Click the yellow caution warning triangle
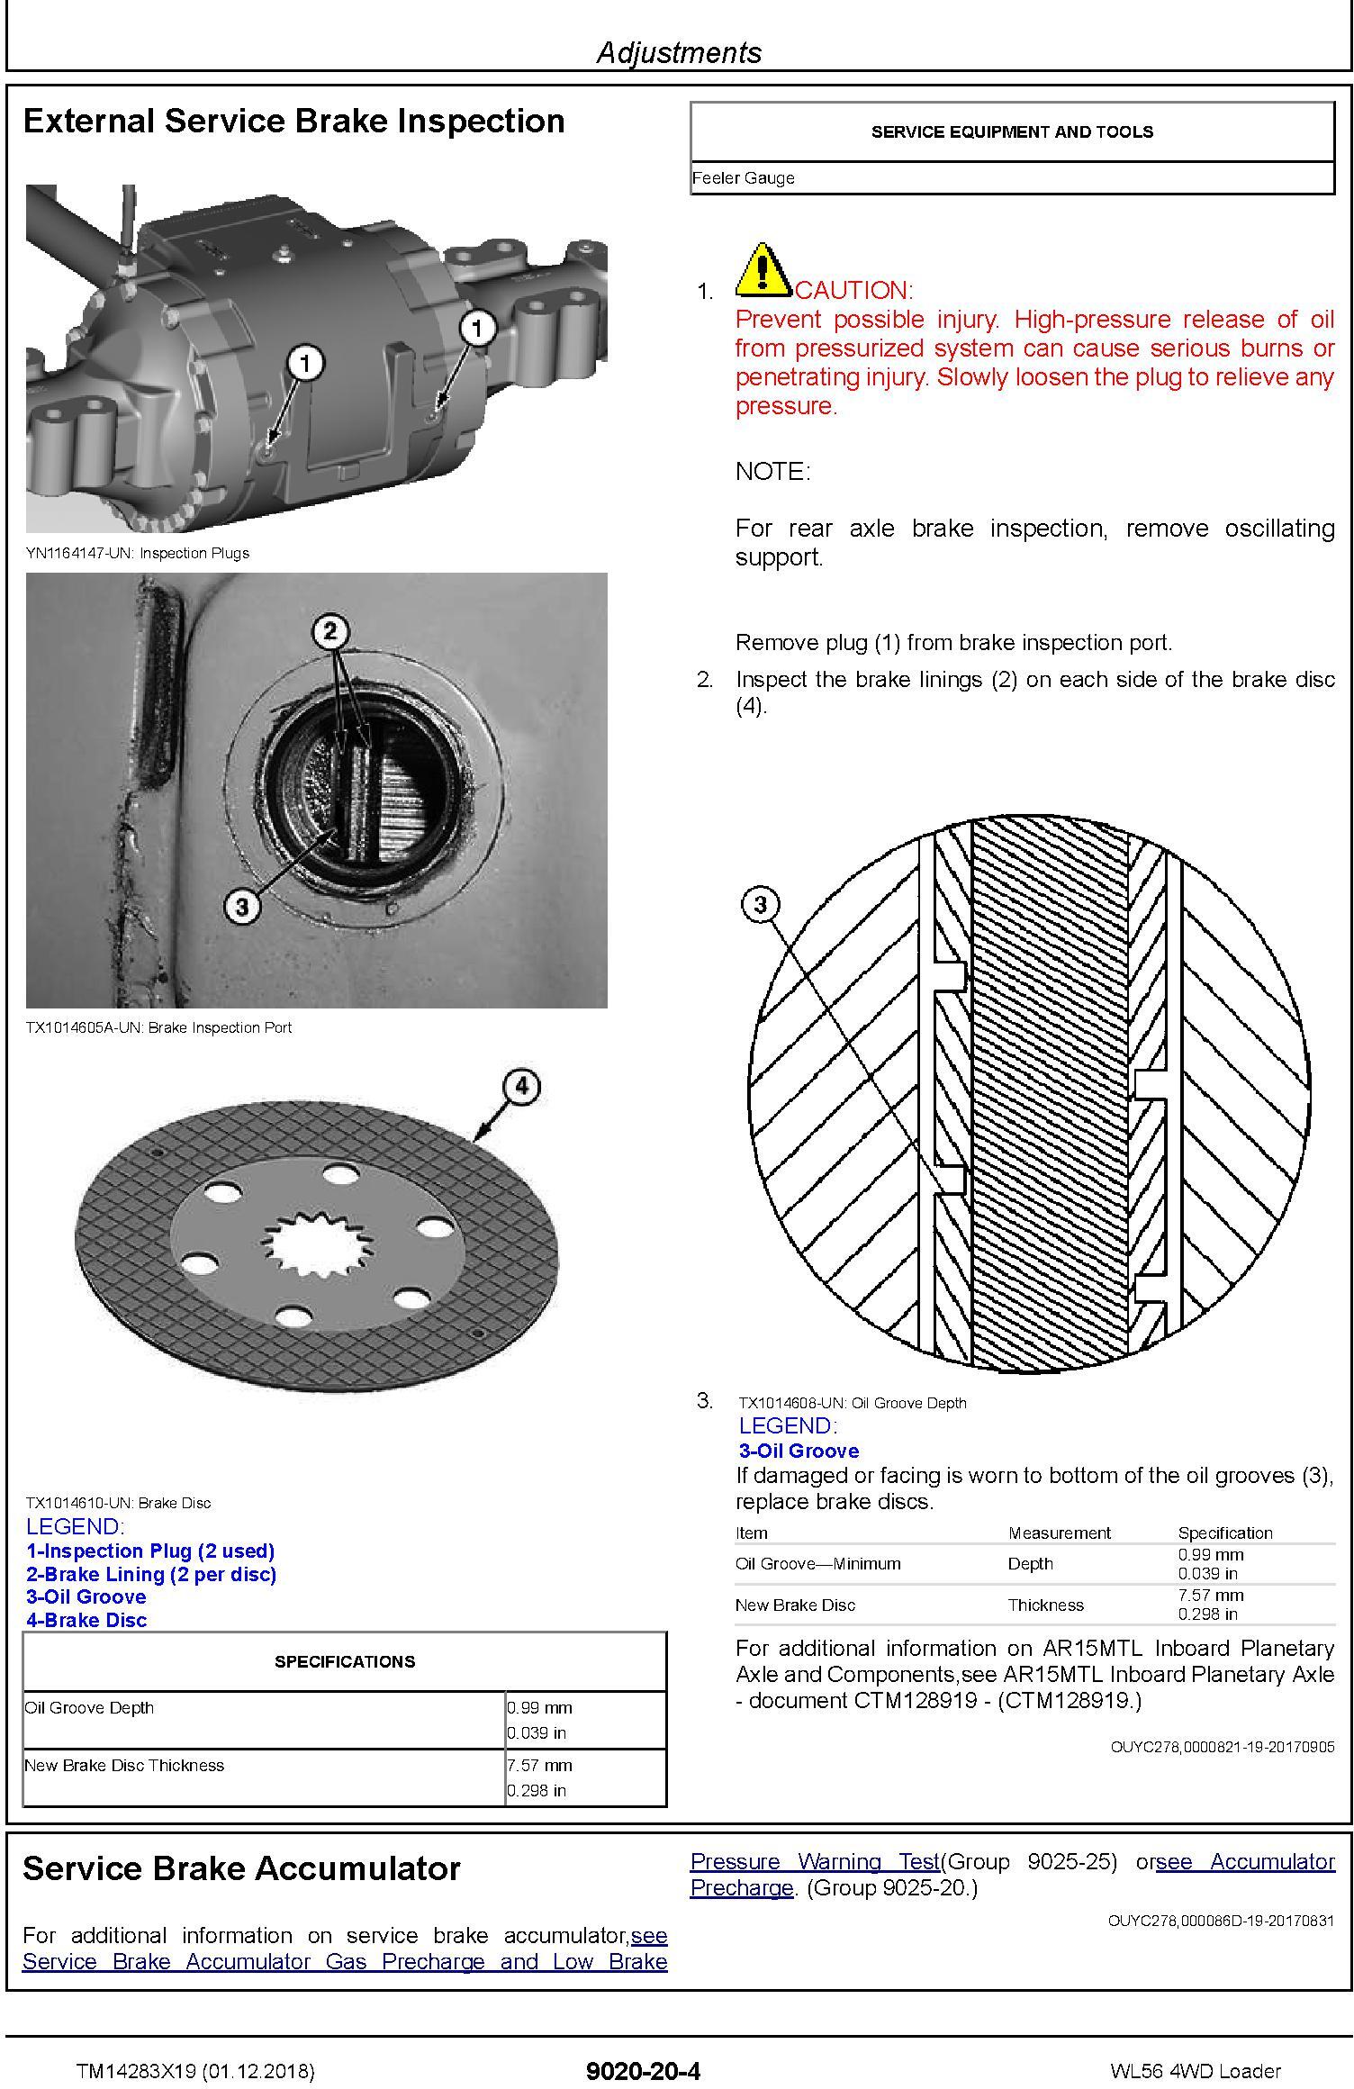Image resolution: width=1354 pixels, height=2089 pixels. [x=763, y=271]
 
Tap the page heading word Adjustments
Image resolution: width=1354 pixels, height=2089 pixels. [x=679, y=52]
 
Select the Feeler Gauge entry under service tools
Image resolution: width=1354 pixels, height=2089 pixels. [x=743, y=178]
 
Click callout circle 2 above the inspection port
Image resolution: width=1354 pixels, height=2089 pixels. [x=329, y=631]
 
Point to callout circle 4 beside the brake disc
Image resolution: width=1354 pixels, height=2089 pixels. [x=522, y=1087]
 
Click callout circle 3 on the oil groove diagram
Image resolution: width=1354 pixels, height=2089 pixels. [x=761, y=903]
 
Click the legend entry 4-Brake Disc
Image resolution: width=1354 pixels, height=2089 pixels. [x=86, y=1620]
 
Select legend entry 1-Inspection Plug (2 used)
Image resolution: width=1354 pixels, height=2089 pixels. [x=150, y=1551]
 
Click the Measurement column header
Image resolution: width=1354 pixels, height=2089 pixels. [x=1059, y=1533]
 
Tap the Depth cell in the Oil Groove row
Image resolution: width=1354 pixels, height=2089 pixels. [x=1030, y=1563]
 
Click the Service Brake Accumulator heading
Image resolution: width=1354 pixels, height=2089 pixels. [x=241, y=1868]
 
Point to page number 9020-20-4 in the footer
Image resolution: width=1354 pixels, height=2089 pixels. [x=643, y=2071]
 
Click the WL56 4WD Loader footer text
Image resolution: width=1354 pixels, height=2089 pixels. [x=1195, y=2071]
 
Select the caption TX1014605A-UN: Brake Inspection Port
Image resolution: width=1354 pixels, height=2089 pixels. [x=158, y=1027]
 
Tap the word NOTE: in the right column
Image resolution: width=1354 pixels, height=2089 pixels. [x=772, y=472]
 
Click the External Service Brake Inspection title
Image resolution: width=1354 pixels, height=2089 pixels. [x=293, y=122]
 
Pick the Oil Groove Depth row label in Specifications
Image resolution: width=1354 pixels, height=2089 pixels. [x=89, y=1707]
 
